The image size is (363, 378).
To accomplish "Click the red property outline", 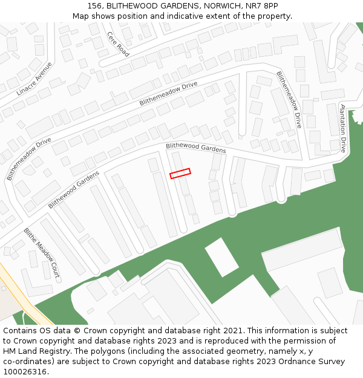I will [180, 174].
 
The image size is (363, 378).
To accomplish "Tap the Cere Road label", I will [119, 44].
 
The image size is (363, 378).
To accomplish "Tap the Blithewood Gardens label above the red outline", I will [196, 147].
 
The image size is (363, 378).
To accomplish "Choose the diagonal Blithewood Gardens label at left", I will [74, 189].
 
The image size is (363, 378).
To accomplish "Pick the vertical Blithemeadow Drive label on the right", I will [289, 99].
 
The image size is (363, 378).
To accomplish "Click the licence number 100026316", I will [25, 371].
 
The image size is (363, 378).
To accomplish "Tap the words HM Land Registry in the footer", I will [36, 351].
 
